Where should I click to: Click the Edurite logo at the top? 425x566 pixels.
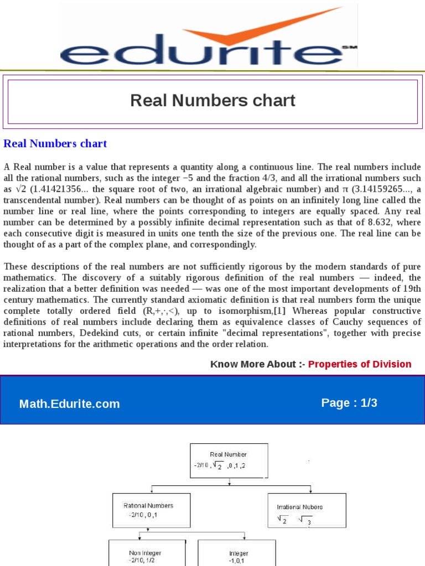tap(208, 36)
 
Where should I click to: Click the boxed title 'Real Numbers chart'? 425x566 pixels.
tap(212, 101)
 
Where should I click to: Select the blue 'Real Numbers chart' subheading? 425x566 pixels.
tap(55, 144)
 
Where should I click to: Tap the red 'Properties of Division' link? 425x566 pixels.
tap(360, 364)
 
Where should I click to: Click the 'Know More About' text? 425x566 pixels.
tap(253, 364)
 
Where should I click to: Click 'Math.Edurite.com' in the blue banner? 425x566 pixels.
tap(70, 404)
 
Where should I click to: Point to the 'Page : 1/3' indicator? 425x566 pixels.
tap(349, 403)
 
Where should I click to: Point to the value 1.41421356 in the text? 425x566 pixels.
tap(57, 190)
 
